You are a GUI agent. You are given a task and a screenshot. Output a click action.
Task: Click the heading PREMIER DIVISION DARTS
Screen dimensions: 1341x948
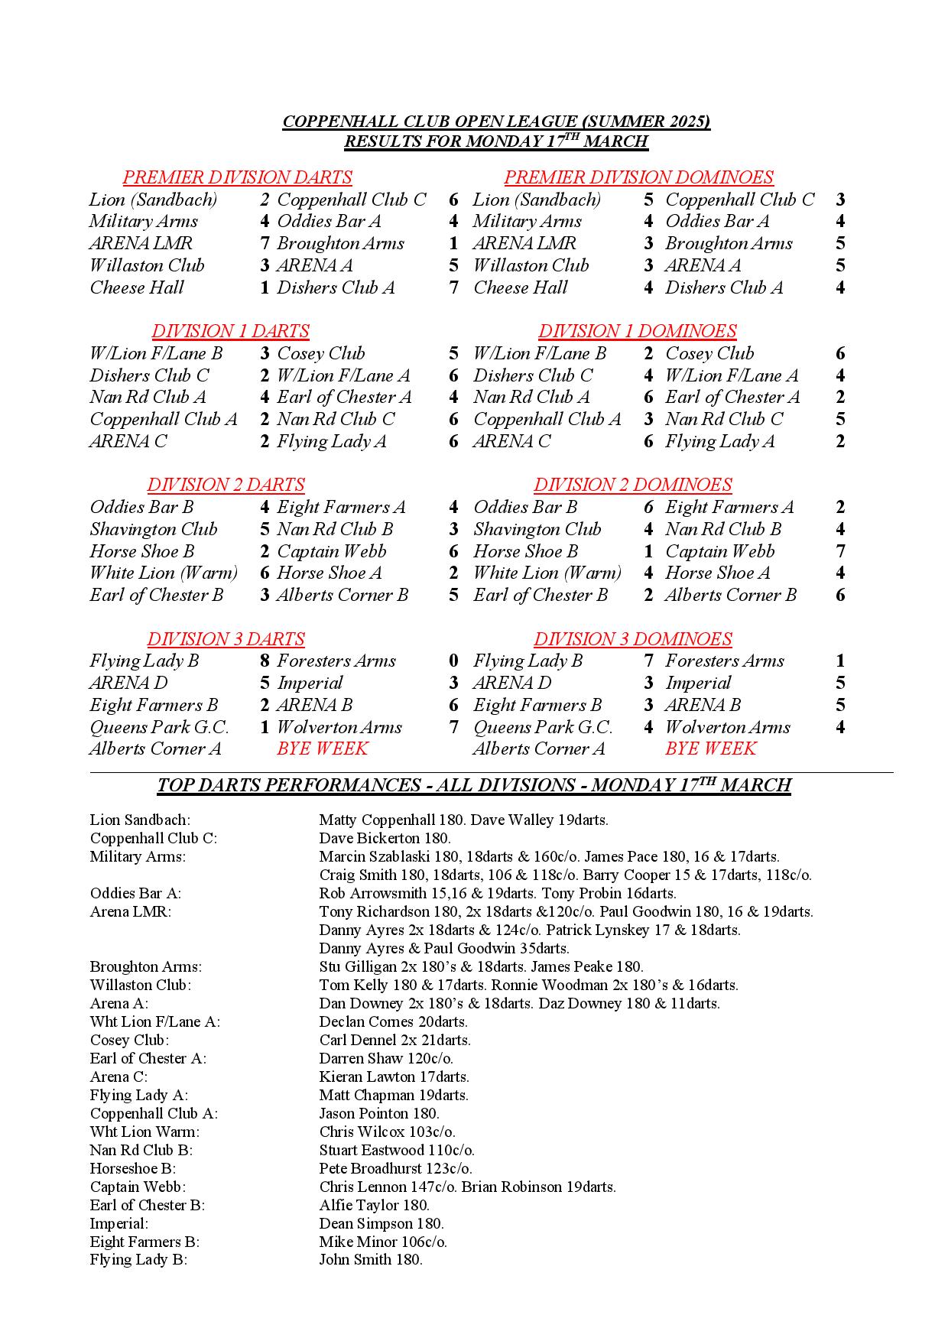(x=237, y=177)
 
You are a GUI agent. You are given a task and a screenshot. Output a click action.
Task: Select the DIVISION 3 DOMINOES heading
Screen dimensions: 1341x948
(x=632, y=639)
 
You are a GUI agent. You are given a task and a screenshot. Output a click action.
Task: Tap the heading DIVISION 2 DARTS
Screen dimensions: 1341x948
(x=226, y=485)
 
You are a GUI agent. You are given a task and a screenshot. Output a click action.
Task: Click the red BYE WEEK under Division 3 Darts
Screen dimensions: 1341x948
(x=322, y=748)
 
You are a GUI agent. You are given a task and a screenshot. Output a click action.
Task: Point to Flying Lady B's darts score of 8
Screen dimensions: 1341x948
(x=265, y=661)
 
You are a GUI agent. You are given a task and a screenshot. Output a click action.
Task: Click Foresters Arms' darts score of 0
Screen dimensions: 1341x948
(x=453, y=661)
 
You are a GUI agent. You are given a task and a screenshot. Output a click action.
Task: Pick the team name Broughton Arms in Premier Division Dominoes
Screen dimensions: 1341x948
(x=728, y=244)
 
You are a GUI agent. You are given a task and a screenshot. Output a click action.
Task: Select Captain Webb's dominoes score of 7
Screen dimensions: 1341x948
(x=840, y=551)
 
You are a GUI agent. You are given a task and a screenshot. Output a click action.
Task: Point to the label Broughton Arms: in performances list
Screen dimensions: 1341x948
(x=145, y=966)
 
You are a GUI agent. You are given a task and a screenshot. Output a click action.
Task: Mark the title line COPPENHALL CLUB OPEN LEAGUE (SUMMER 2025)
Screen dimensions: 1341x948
(x=496, y=122)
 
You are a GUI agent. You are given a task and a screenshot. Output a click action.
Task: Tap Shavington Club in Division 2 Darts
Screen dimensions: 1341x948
(x=153, y=529)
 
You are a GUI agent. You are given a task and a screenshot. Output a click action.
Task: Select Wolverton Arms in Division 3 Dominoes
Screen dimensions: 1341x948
(x=727, y=727)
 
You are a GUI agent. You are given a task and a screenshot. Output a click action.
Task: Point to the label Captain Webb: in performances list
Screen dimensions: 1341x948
(x=138, y=1187)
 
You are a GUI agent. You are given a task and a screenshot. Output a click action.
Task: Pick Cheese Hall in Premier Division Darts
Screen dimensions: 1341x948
(x=137, y=287)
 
